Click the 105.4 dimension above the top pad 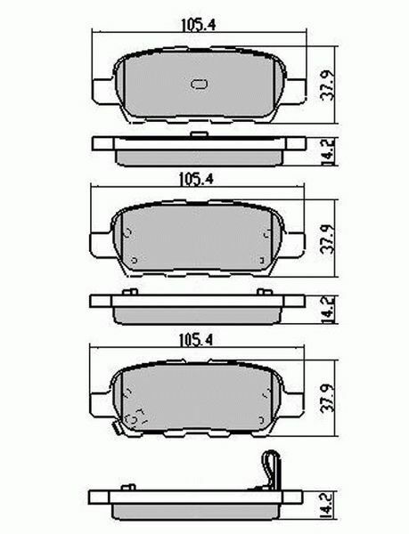(198, 25)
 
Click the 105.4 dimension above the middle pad (196, 179)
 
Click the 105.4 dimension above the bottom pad (196, 340)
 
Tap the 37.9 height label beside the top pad (328, 85)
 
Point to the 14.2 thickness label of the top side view (328, 152)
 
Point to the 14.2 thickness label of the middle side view (328, 309)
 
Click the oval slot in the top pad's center (200, 85)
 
